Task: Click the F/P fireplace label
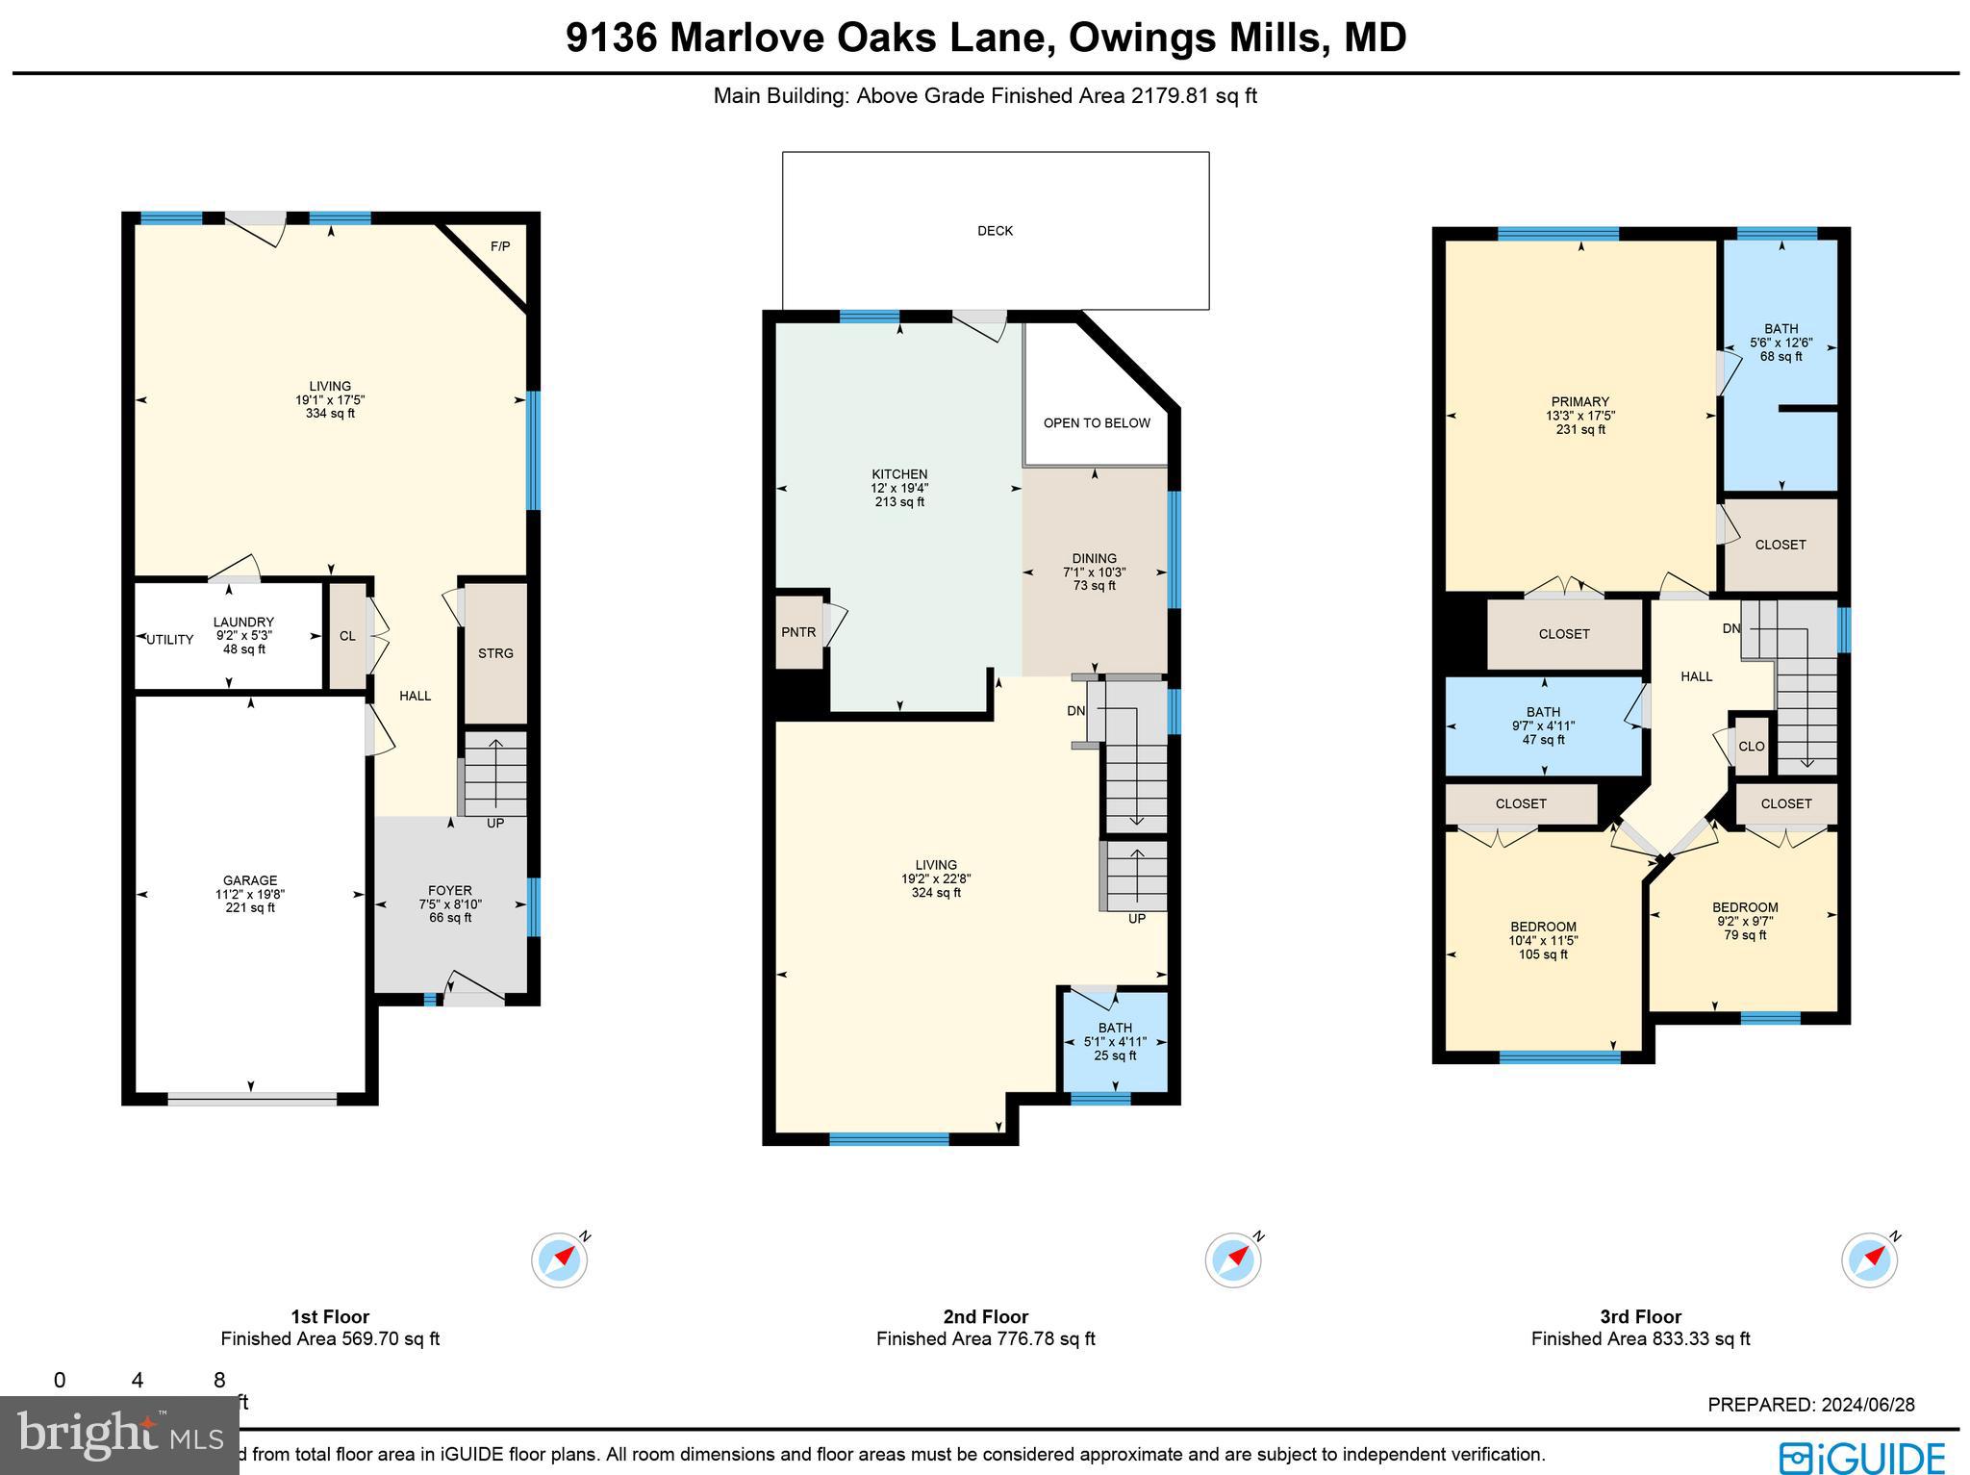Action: [500, 246]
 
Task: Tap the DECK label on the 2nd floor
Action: [995, 231]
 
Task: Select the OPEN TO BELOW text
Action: [1097, 423]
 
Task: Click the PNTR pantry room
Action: [798, 632]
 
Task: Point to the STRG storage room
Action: [495, 653]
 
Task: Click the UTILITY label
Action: [170, 640]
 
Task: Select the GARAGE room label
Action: [250, 880]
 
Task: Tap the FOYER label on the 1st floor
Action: [449, 891]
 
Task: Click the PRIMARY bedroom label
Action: [1579, 402]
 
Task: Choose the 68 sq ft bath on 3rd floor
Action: [1781, 343]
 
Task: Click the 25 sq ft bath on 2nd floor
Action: [1115, 1041]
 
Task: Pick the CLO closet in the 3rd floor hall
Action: [1751, 747]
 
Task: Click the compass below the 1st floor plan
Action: [560, 1259]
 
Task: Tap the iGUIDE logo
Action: [1862, 1457]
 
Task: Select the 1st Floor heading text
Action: [330, 1317]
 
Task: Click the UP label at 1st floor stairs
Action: [494, 824]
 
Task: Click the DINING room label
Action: [1094, 558]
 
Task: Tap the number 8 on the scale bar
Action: [219, 1381]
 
